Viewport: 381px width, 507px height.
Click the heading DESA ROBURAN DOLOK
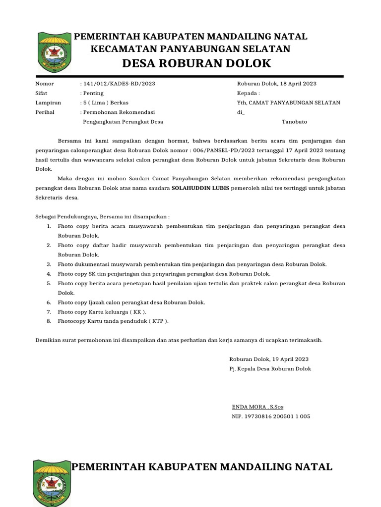196,63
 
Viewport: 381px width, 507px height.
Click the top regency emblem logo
55,52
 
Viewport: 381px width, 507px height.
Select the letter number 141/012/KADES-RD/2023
119,84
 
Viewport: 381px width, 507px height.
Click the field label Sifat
41,93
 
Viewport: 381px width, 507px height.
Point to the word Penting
93,93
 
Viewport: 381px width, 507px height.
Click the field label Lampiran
48,102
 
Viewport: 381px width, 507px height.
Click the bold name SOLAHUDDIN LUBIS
200,188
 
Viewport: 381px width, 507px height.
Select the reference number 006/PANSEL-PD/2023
225,150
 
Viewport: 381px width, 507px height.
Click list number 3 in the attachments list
49,264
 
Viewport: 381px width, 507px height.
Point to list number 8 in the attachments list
49,321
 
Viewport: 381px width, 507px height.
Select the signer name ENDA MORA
250,407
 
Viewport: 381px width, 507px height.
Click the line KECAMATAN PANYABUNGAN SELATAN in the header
190,49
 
